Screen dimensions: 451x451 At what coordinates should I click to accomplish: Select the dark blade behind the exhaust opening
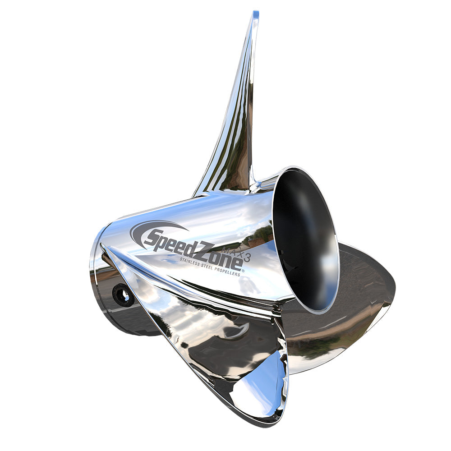pyautogui.click(x=361, y=289)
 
